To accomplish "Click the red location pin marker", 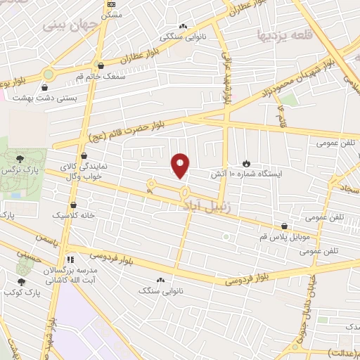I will pyautogui.click(x=181, y=164).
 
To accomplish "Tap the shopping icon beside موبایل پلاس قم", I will pyautogui.click(x=284, y=226).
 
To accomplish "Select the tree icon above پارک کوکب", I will pyautogui.click(x=21, y=282).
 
